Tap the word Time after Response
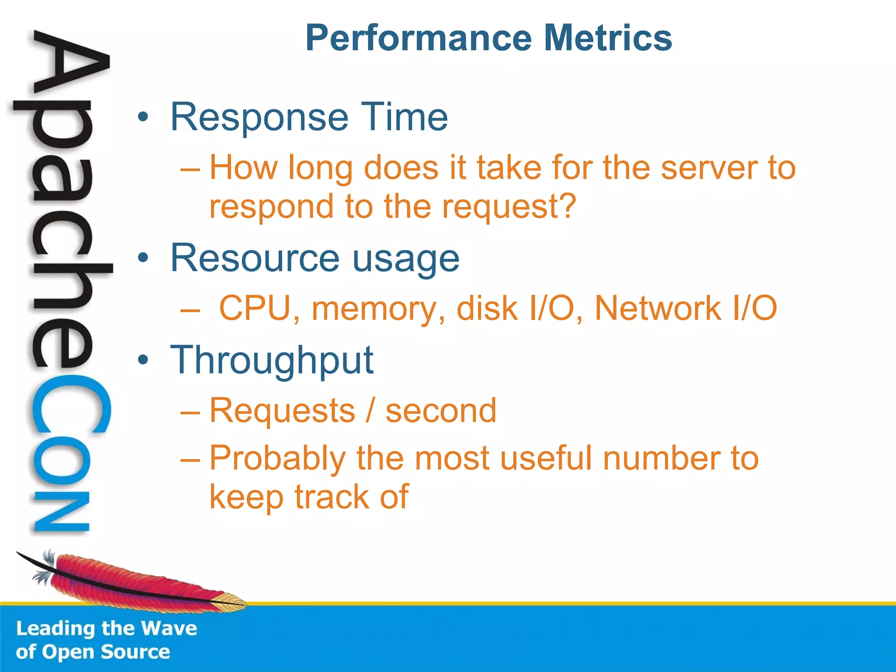pos(403,117)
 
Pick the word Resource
pos(255,258)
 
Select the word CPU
pos(255,308)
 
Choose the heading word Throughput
pos(272,360)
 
